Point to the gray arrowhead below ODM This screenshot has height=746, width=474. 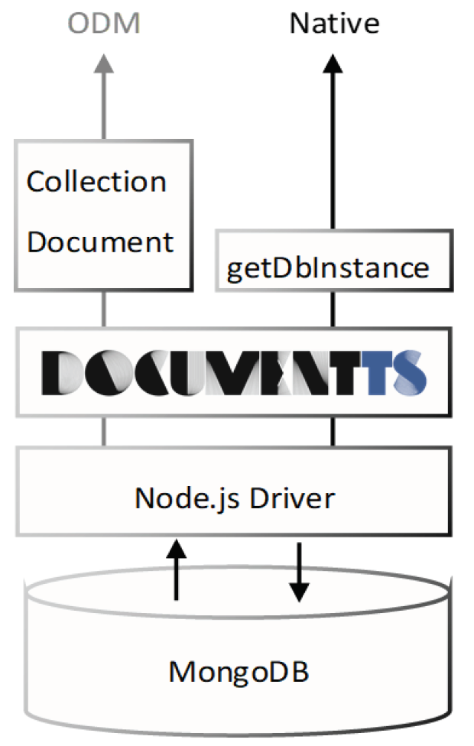pyautogui.click(x=105, y=64)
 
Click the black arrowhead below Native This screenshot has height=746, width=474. pyautogui.click(x=333, y=64)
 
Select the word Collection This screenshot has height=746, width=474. pyautogui.click(x=96, y=182)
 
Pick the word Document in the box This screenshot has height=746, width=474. pyautogui.click(x=100, y=242)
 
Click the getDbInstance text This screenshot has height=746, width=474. pyautogui.click(x=327, y=268)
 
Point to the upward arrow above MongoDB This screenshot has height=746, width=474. pyautogui.click(x=177, y=569)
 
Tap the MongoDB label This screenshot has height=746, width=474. pyautogui.click(x=239, y=672)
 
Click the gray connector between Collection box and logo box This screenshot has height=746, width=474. pyautogui.click(x=105, y=309)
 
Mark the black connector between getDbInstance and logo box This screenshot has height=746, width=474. pyautogui.click(x=333, y=309)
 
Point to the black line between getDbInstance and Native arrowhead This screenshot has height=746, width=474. pyautogui.click(x=333, y=153)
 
